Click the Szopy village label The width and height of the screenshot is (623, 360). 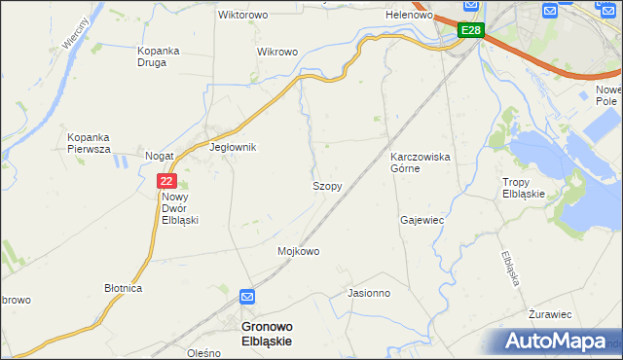[326, 185]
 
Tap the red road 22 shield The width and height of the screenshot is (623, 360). [166, 180]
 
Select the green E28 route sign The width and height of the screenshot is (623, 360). [470, 31]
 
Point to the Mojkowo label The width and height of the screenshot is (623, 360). [299, 251]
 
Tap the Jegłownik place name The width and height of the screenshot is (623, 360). [233, 148]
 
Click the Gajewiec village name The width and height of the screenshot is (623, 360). [421, 220]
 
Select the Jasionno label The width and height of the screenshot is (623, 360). [369, 292]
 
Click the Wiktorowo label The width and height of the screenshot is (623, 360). [242, 16]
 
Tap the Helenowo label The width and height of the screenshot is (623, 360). [409, 16]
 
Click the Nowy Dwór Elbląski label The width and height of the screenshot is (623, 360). [180, 207]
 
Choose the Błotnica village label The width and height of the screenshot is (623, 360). [124, 289]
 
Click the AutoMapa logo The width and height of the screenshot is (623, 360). [556, 342]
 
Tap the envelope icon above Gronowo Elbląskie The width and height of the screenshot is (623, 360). [248, 297]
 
